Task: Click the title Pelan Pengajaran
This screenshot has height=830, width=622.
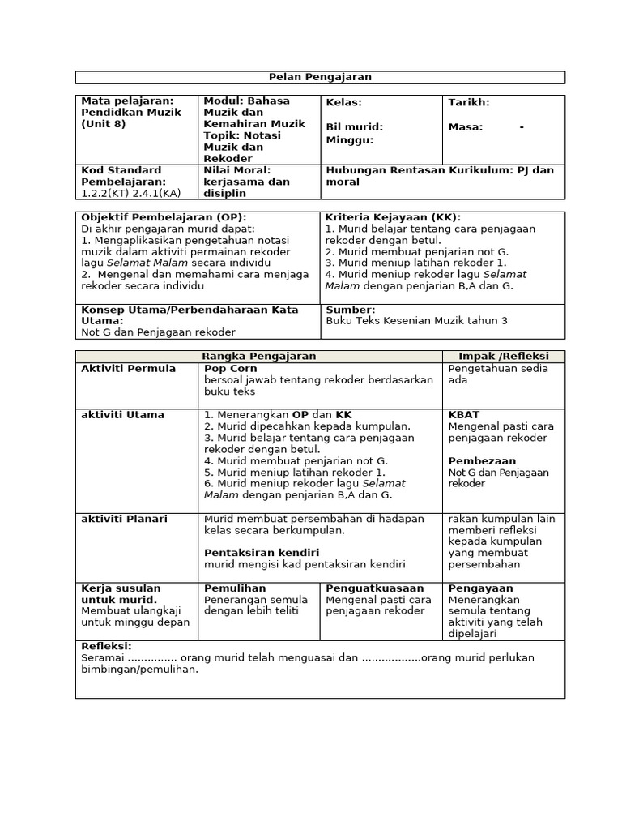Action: click(320, 77)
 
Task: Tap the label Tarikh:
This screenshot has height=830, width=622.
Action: click(469, 103)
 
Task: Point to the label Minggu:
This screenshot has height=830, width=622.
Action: click(350, 140)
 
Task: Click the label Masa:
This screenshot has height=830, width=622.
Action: click(466, 127)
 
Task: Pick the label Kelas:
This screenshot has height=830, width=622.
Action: click(344, 103)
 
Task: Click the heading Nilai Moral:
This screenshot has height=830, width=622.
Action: click(236, 170)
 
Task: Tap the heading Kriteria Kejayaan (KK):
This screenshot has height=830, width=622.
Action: click(393, 217)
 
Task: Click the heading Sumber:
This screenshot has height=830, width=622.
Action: click(351, 310)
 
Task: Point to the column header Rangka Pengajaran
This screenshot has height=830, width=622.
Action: click(258, 357)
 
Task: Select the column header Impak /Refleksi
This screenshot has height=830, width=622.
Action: click(504, 357)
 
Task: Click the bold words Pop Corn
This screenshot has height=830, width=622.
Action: click(231, 369)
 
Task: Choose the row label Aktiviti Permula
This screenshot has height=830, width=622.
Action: click(128, 369)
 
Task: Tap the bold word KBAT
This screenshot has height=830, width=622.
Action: click(464, 415)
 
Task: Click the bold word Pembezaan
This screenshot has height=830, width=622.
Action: click(478, 460)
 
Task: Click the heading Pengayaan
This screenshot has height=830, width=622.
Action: click(480, 588)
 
